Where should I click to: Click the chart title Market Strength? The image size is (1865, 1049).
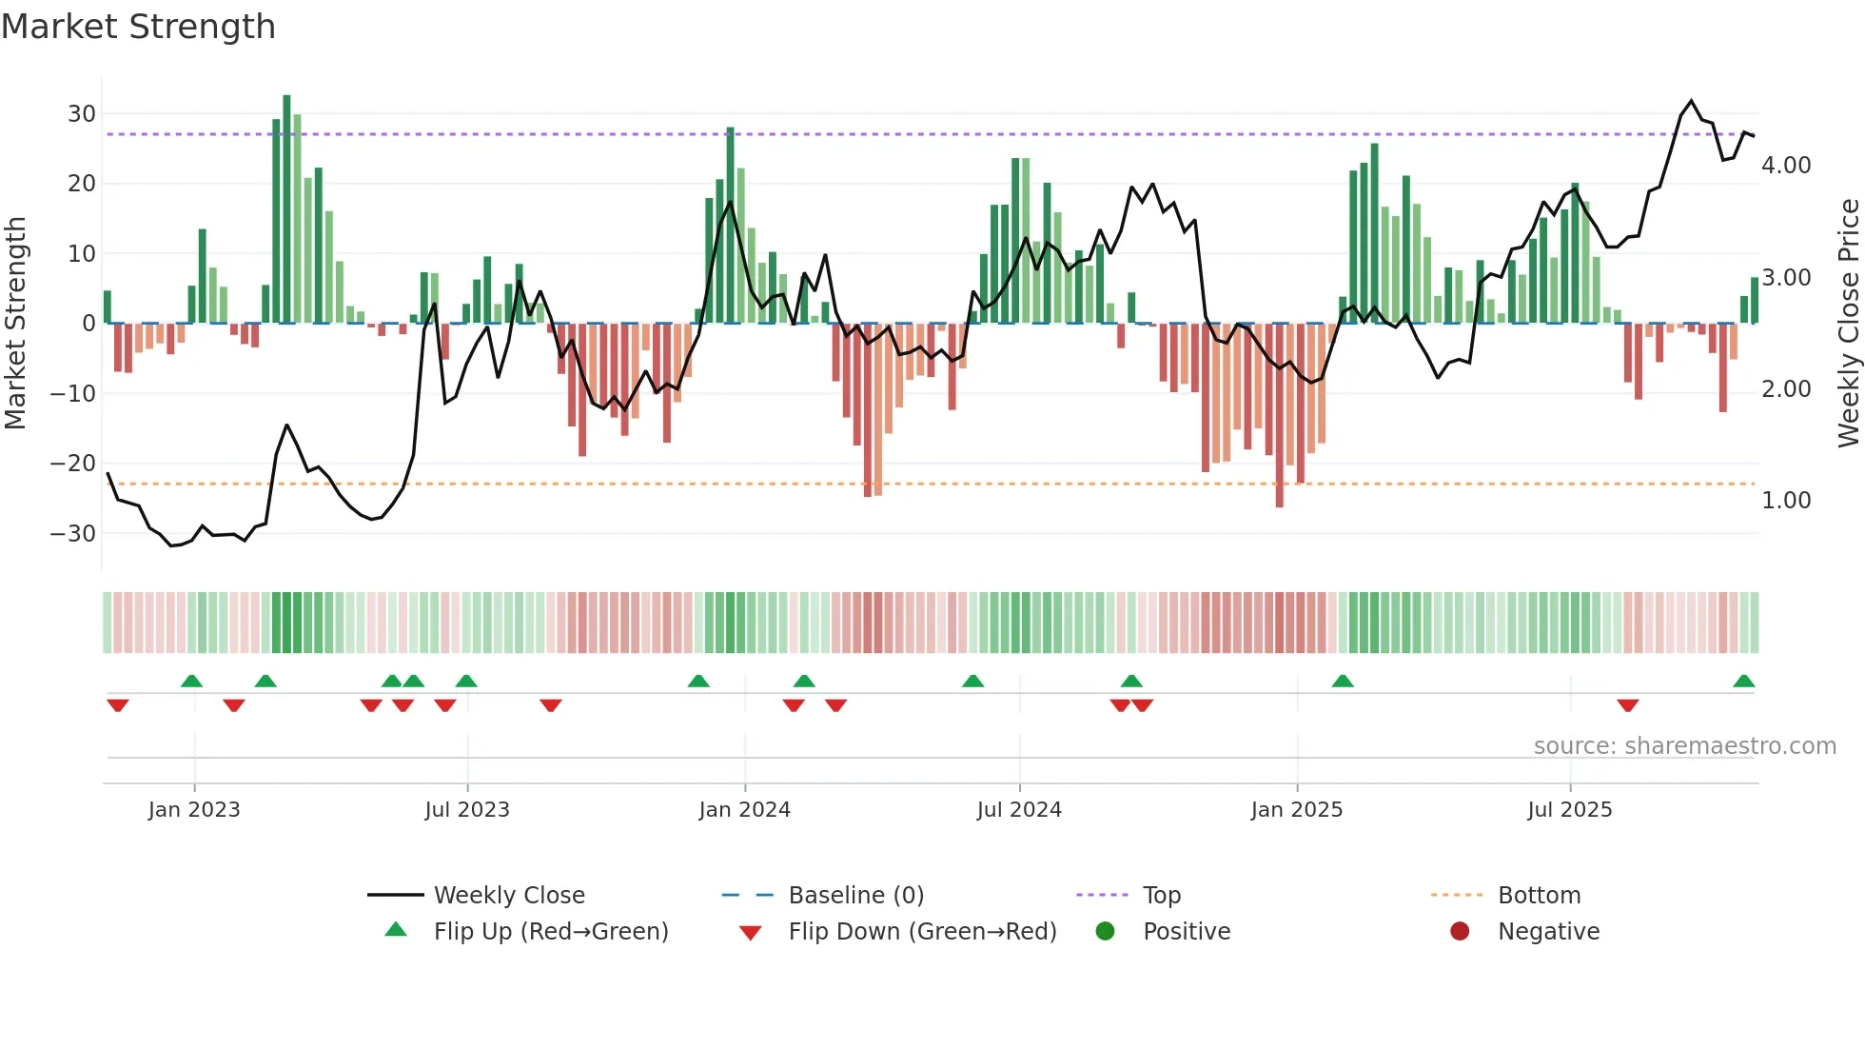[138, 27]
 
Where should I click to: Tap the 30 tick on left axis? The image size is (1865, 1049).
[82, 114]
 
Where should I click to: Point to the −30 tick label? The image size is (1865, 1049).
[73, 534]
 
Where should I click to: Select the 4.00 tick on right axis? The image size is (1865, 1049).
[1786, 166]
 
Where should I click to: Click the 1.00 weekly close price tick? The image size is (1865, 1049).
[1786, 501]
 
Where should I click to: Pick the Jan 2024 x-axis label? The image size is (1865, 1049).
[744, 810]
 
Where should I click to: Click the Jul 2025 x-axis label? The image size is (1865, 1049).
[1569, 810]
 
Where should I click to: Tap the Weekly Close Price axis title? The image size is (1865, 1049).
[1848, 323]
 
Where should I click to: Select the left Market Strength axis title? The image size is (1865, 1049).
[15, 323]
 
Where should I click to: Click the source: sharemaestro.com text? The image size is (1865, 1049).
[1684, 746]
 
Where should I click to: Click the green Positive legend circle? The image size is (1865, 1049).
[1105, 932]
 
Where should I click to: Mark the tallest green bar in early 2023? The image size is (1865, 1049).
[286, 209]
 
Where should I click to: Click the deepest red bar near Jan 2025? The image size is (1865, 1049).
[1279, 415]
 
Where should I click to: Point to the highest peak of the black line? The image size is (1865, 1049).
[1691, 101]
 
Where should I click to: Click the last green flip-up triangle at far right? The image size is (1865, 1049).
[1743, 682]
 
